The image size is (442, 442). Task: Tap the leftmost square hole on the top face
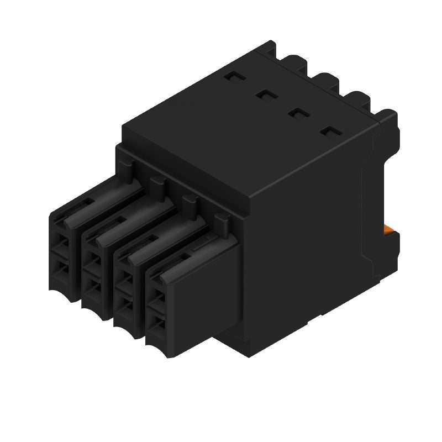pos(233,78)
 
